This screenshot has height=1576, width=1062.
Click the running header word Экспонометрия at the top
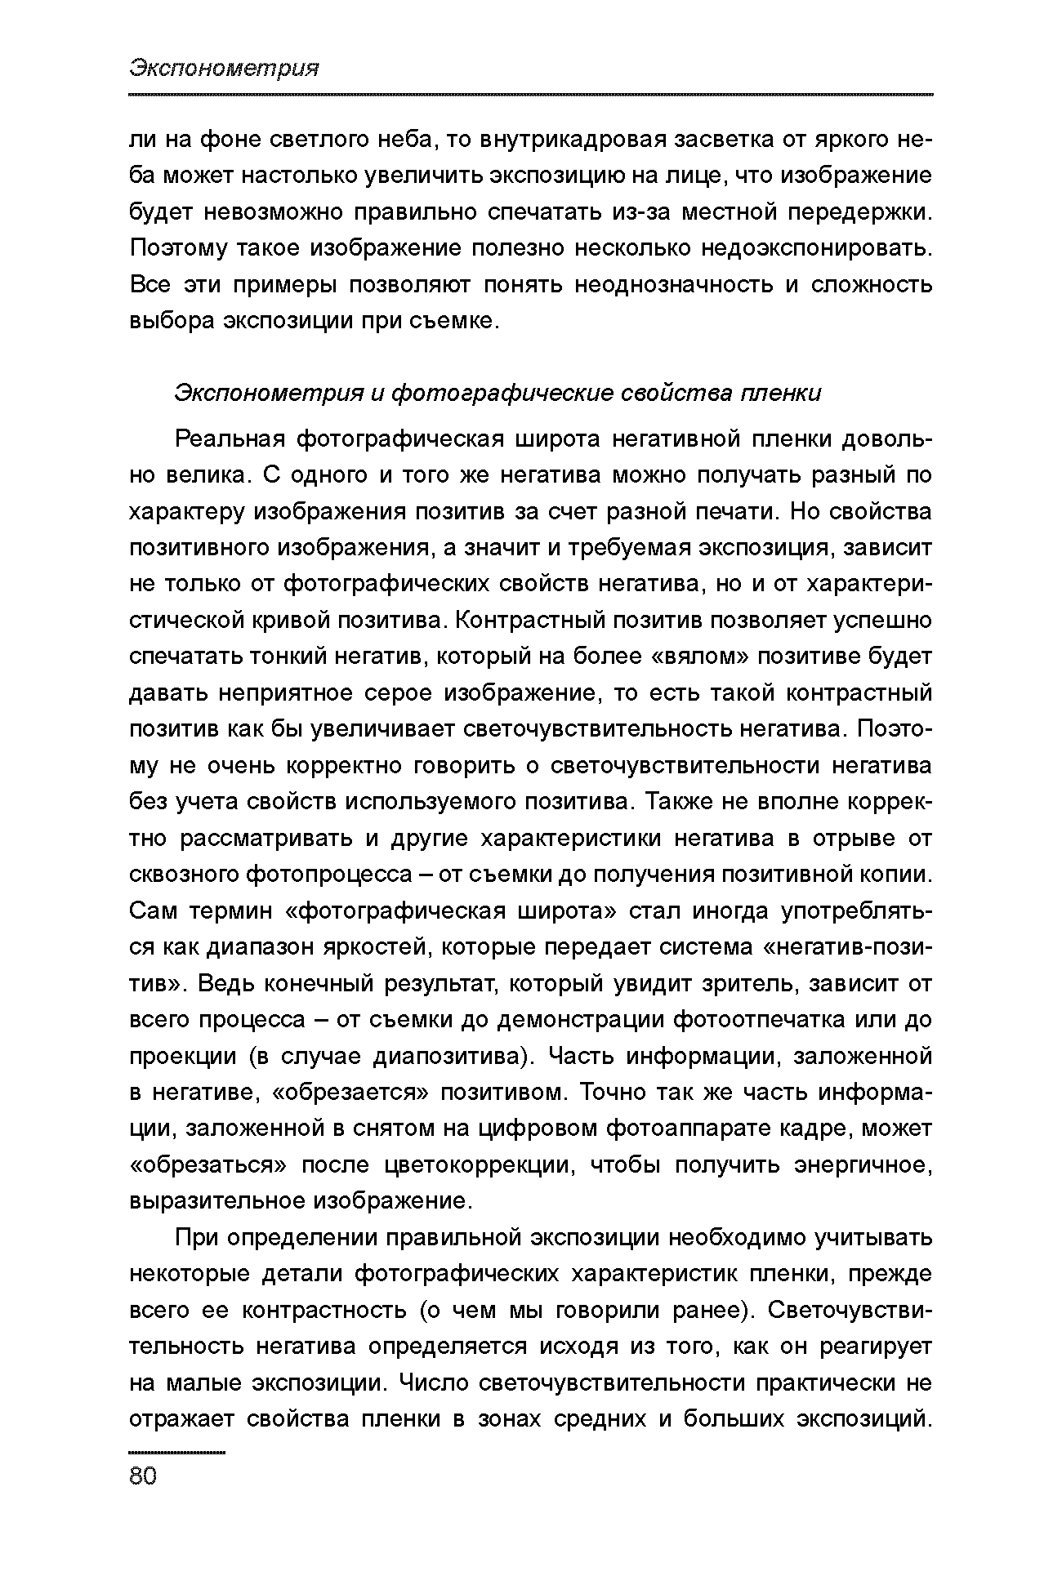224,69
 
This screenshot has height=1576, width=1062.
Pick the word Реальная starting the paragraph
229,439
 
